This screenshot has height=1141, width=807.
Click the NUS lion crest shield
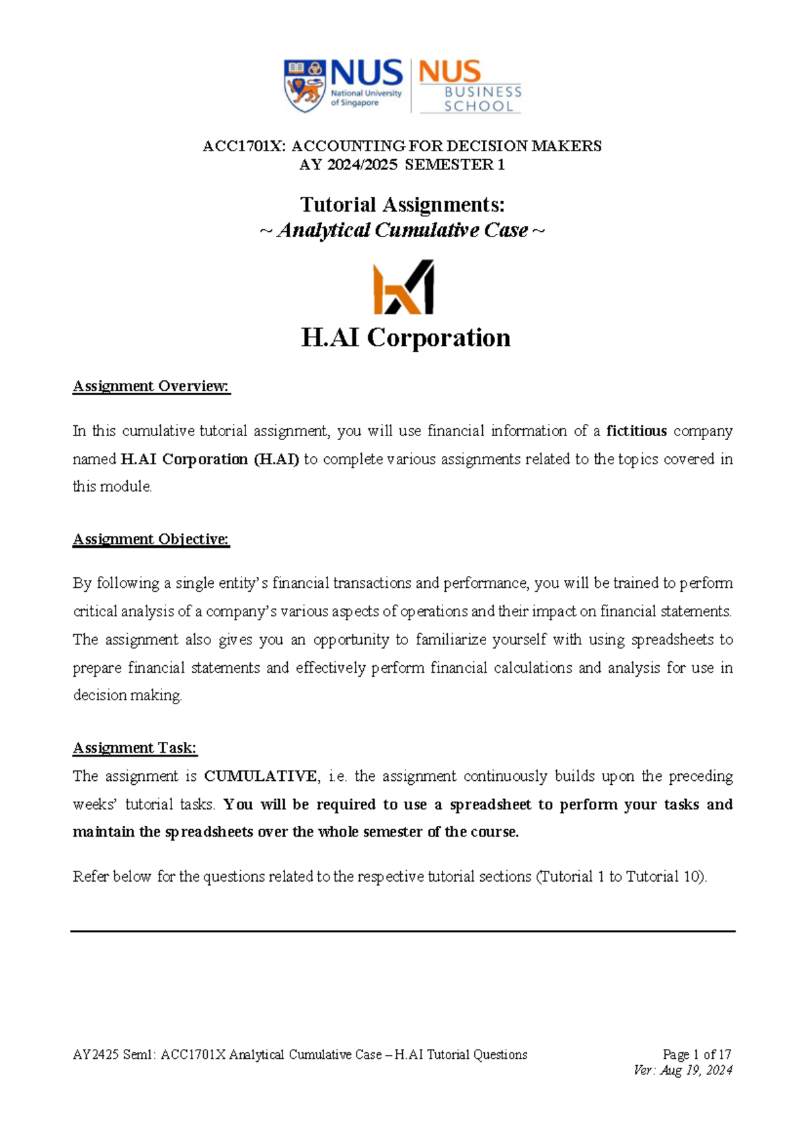(305, 85)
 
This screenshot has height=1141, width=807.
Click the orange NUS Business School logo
(469, 86)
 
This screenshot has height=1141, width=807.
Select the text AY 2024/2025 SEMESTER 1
(402, 165)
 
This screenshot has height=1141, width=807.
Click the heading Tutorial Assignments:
(402, 204)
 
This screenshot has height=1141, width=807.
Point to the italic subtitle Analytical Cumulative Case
(402, 230)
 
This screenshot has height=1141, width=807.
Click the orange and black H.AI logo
(403, 288)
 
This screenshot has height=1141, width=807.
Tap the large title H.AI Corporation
(406, 337)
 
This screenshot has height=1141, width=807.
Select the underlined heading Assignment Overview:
(151, 386)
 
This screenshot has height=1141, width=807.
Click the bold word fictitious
(636, 431)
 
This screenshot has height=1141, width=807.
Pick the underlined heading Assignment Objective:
(151, 540)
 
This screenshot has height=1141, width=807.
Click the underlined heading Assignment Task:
(134, 748)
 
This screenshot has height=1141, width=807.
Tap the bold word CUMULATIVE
(261, 776)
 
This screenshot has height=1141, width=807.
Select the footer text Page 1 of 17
(696, 1054)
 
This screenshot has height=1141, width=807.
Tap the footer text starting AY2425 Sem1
(299, 1054)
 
